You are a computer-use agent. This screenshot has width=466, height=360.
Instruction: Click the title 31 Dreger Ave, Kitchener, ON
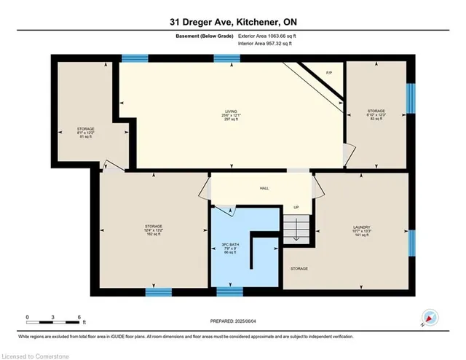click(232, 21)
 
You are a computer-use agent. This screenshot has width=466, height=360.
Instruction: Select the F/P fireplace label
click(328, 73)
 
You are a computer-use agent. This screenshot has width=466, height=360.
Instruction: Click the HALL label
click(264, 188)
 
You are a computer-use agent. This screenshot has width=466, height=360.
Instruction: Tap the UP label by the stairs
click(296, 208)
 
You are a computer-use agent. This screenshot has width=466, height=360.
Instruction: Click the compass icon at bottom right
click(429, 318)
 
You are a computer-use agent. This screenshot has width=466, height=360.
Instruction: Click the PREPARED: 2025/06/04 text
click(232, 321)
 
